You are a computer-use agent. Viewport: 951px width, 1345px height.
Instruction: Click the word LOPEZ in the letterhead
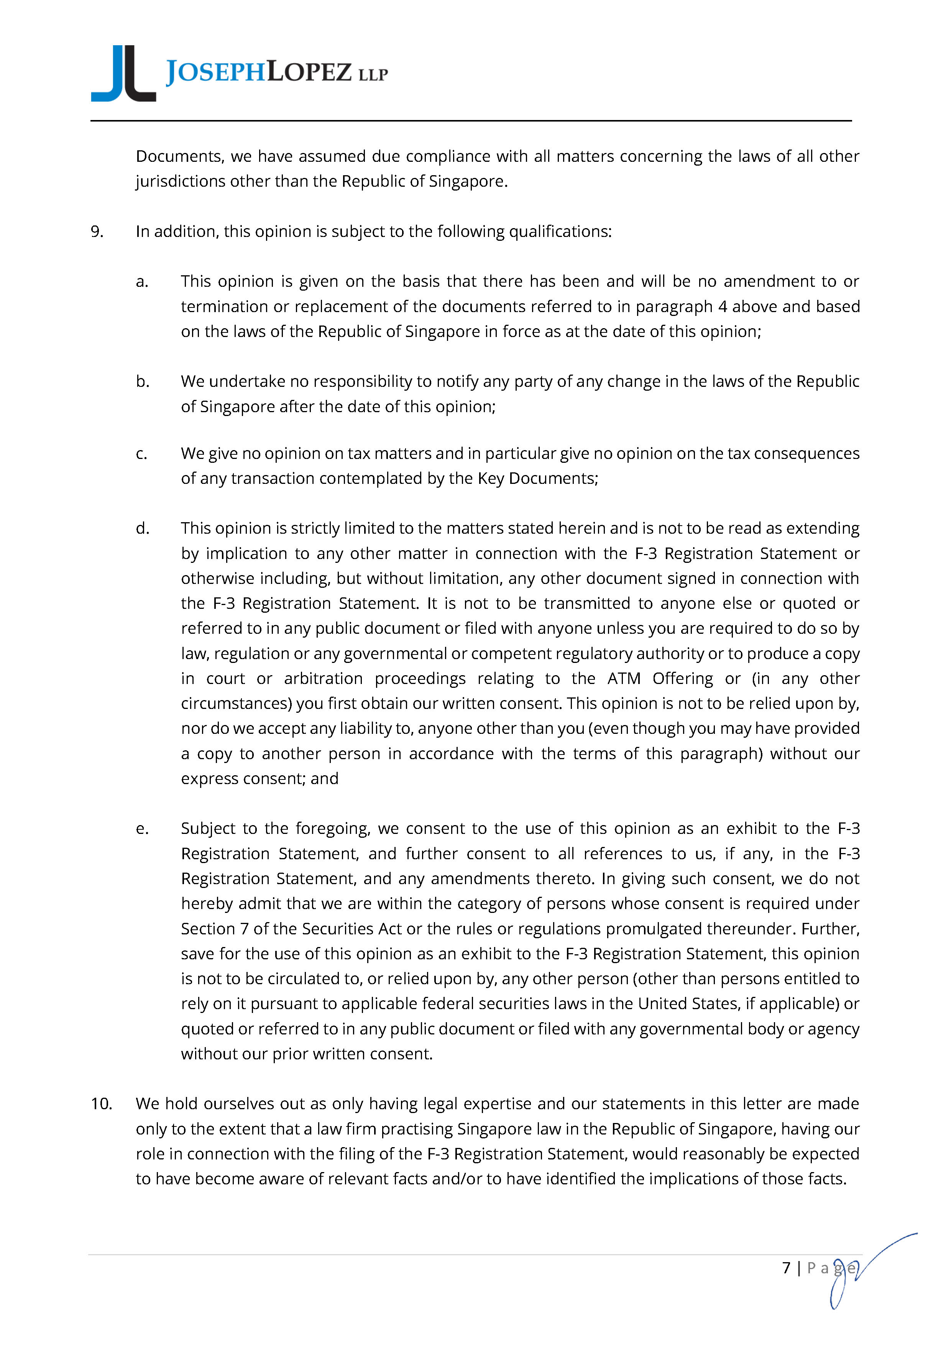point(309,72)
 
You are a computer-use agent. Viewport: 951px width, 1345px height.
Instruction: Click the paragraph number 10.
point(101,1104)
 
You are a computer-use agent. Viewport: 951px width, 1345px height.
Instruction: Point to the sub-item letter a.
point(142,282)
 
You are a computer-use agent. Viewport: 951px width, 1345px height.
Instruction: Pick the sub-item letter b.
point(142,381)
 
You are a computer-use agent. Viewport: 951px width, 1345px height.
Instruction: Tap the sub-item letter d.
point(142,528)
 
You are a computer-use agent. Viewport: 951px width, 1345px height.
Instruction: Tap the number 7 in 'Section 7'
point(244,929)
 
